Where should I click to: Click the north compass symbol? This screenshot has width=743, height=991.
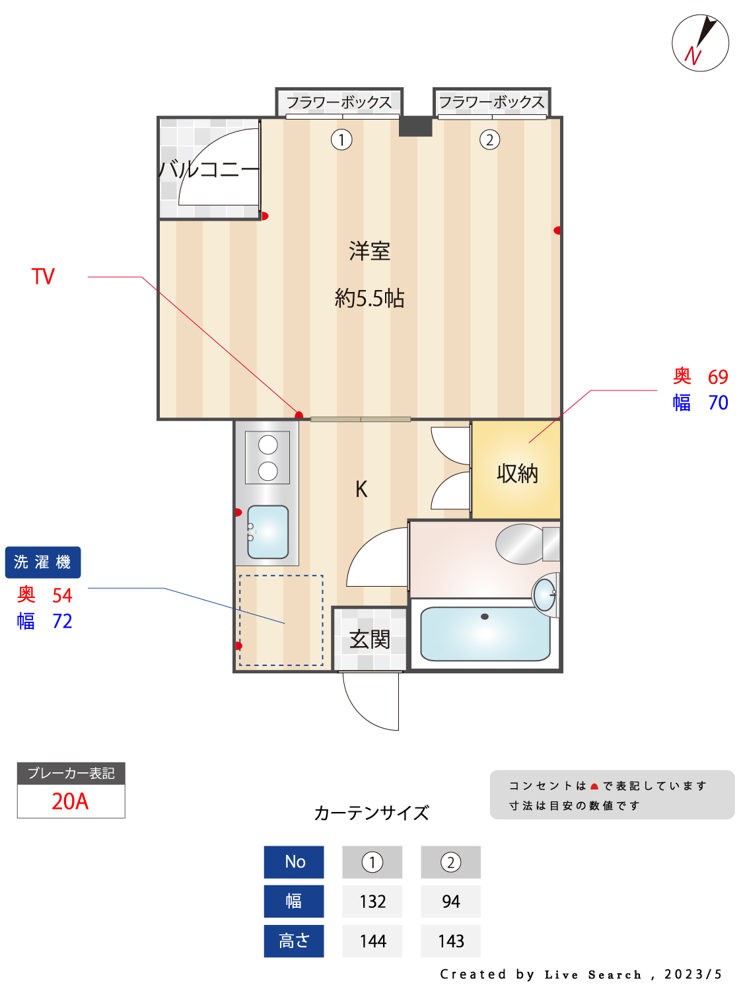pyautogui.click(x=700, y=43)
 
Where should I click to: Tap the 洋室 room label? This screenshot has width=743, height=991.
pyautogui.click(x=369, y=251)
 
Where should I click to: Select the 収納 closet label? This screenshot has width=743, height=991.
pyautogui.click(x=517, y=473)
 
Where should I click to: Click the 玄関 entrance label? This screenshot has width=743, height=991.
pyautogui.click(x=370, y=639)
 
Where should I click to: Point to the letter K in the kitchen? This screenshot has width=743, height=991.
pyautogui.click(x=361, y=490)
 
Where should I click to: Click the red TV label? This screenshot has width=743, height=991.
pyautogui.click(x=43, y=276)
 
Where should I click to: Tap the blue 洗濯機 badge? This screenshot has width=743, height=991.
pyautogui.click(x=43, y=562)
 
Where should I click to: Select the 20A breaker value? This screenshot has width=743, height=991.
pyautogui.click(x=70, y=801)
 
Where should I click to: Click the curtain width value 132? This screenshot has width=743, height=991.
pyautogui.click(x=372, y=901)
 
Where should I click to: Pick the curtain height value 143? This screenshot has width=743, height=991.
pyautogui.click(x=451, y=941)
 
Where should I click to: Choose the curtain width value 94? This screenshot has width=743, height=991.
pyautogui.click(x=451, y=901)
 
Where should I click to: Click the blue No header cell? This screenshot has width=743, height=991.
pyautogui.click(x=295, y=862)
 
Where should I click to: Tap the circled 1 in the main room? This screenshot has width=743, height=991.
pyautogui.click(x=341, y=140)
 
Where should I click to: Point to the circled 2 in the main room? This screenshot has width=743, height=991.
pyautogui.click(x=489, y=140)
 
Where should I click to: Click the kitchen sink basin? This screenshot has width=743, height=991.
pyautogui.click(x=268, y=532)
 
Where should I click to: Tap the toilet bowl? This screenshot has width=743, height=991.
pyautogui.click(x=520, y=544)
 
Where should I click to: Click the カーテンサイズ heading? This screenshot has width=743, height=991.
pyautogui.click(x=371, y=813)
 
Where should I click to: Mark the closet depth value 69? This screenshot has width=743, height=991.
pyautogui.click(x=718, y=377)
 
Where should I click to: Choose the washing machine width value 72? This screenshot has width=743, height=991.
pyautogui.click(x=62, y=621)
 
